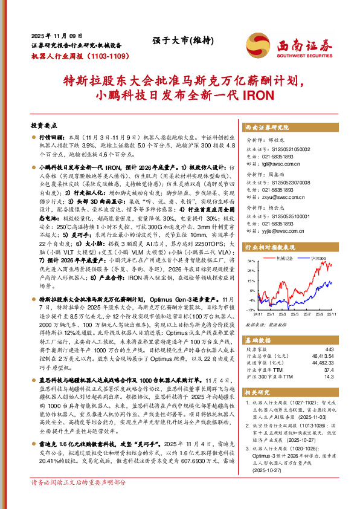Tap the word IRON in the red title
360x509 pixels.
coord(258,95)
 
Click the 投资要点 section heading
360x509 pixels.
coord(43,126)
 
